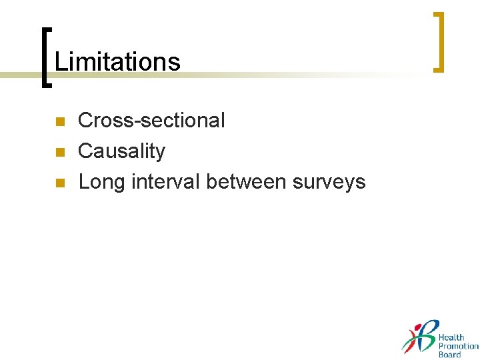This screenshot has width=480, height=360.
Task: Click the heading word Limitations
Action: tap(117, 62)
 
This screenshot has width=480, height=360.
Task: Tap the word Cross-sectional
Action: tap(151, 121)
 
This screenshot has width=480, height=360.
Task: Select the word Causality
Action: tap(121, 151)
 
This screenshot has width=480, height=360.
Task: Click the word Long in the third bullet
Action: tap(100, 182)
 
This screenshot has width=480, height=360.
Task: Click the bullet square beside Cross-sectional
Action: tap(59, 121)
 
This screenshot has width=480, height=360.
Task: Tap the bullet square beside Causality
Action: tap(59, 152)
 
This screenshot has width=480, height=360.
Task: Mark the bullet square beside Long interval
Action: tap(59, 183)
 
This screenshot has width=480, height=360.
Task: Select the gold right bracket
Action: tap(439, 41)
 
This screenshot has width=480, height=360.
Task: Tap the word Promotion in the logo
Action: tap(458, 346)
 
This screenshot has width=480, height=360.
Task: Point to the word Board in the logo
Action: tap(449, 355)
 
